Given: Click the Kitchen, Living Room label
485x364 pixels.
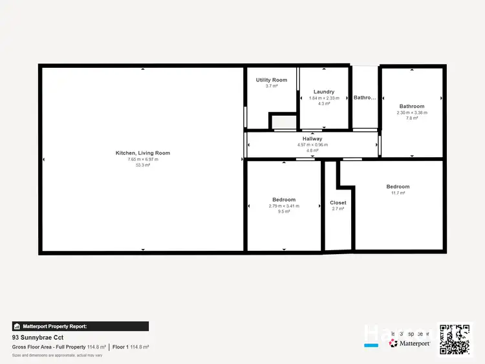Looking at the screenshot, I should click(x=142, y=153).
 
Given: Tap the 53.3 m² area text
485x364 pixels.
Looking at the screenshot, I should click(x=142, y=166).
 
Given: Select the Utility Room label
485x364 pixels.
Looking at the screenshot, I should click(x=271, y=80).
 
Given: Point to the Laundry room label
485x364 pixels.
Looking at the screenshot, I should click(x=323, y=92).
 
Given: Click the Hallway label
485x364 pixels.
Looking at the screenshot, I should click(x=312, y=139).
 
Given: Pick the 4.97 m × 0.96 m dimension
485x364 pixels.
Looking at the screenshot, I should click(x=312, y=145).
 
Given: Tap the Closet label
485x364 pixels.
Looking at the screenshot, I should click(x=338, y=202).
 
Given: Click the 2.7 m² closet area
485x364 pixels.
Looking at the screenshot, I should click(x=338, y=209).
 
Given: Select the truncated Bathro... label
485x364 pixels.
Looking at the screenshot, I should click(x=365, y=98).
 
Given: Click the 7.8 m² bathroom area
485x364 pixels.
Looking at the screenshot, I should click(x=412, y=118).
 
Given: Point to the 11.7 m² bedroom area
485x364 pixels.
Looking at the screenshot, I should click(x=398, y=193).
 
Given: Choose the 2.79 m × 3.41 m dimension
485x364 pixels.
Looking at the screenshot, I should click(x=284, y=206).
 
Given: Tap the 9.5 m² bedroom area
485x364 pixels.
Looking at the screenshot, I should click(x=284, y=212).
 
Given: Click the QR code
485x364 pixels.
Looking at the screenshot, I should click(x=454, y=339).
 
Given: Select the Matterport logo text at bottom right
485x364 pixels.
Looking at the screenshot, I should click(x=414, y=343).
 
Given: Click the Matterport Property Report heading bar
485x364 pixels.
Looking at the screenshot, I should click(x=80, y=327).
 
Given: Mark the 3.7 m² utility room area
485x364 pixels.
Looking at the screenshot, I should click(x=271, y=86).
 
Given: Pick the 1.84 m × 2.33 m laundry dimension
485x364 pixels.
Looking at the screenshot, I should click(x=323, y=98).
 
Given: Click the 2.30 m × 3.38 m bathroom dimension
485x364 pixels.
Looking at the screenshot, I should click(x=412, y=112).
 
